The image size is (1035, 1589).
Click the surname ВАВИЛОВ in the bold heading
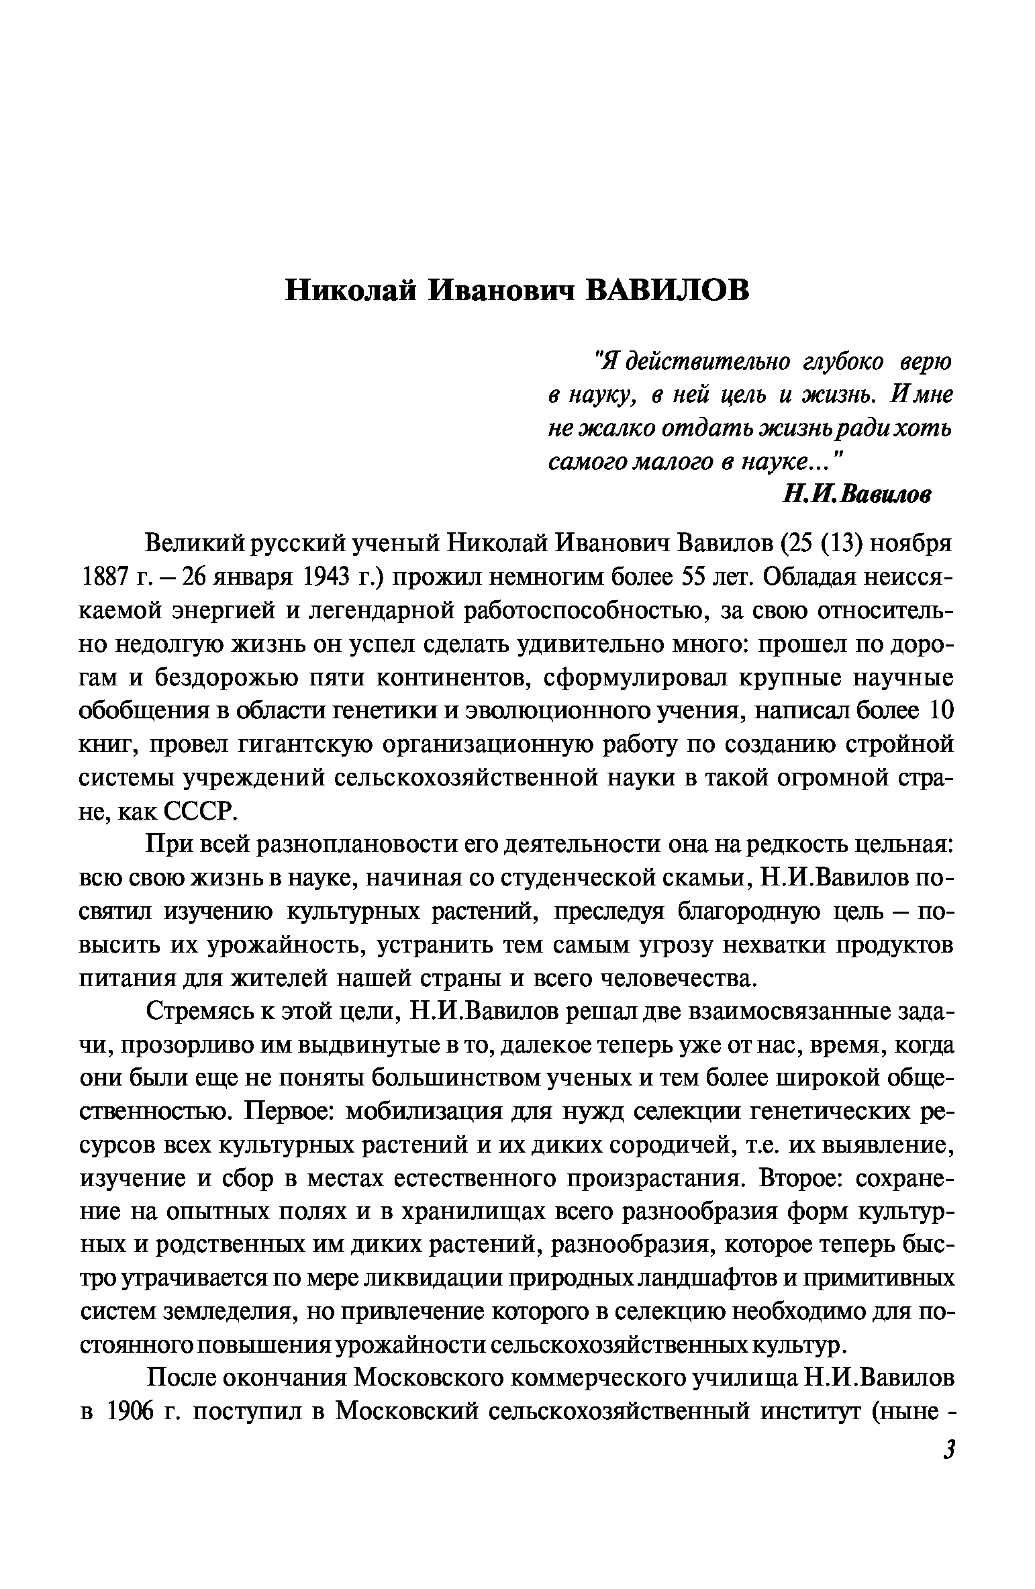pyautogui.click(x=669, y=291)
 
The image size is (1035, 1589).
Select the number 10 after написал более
pyautogui.click(x=940, y=711)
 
